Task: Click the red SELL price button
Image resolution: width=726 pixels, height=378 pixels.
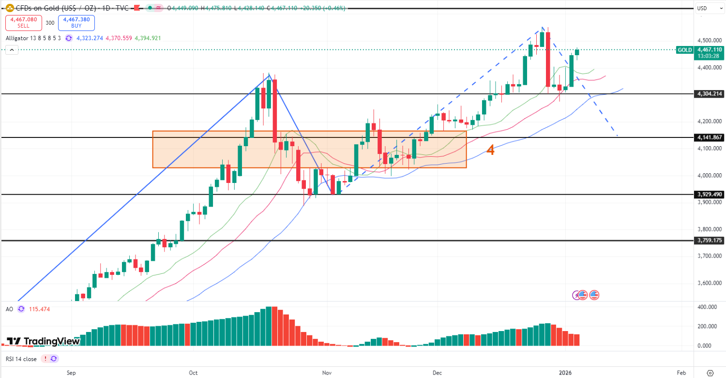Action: click(23, 23)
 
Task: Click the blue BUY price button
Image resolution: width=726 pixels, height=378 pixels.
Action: click(76, 23)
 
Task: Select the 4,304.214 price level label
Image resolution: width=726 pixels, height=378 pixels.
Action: click(709, 94)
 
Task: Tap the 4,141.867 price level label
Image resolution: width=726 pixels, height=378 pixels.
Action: click(709, 137)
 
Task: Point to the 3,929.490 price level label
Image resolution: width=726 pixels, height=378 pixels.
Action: click(709, 195)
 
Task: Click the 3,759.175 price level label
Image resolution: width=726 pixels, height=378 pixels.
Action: click(709, 240)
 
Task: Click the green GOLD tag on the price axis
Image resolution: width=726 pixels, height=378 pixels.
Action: click(684, 50)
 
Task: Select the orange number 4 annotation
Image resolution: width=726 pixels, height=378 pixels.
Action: click(490, 150)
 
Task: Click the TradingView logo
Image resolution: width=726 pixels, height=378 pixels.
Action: click(43, 341)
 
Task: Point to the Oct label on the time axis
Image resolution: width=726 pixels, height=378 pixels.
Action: click(193, 373)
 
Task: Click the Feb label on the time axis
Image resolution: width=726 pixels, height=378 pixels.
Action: click(681, 373)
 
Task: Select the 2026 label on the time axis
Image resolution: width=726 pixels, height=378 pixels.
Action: click(565, 373)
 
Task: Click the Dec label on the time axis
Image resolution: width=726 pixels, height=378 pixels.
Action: click(437, 373)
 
